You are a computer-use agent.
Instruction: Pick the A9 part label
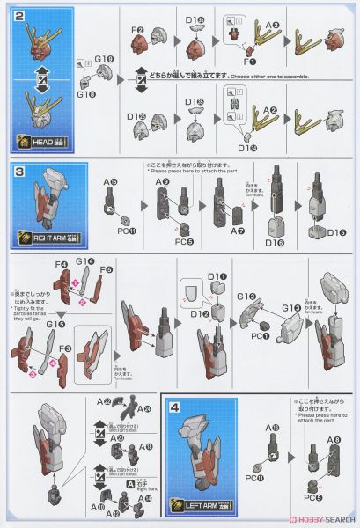pos(162,181)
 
